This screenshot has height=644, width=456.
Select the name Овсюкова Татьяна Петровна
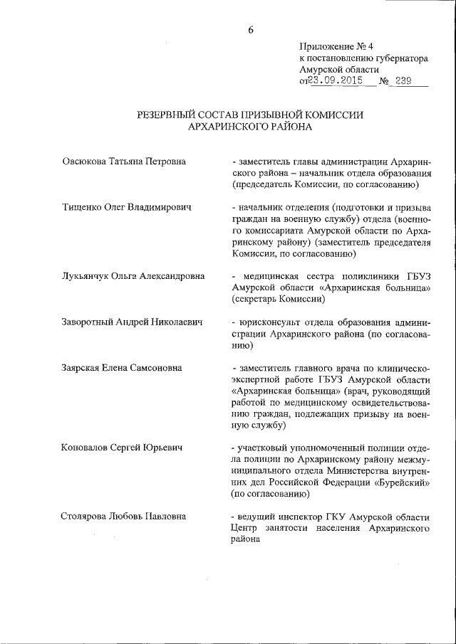[125, 162]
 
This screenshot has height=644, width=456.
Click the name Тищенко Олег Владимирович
[128, 207]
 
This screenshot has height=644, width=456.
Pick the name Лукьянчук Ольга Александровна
[133, 276]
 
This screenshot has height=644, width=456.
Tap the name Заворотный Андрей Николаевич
[133, 322]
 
